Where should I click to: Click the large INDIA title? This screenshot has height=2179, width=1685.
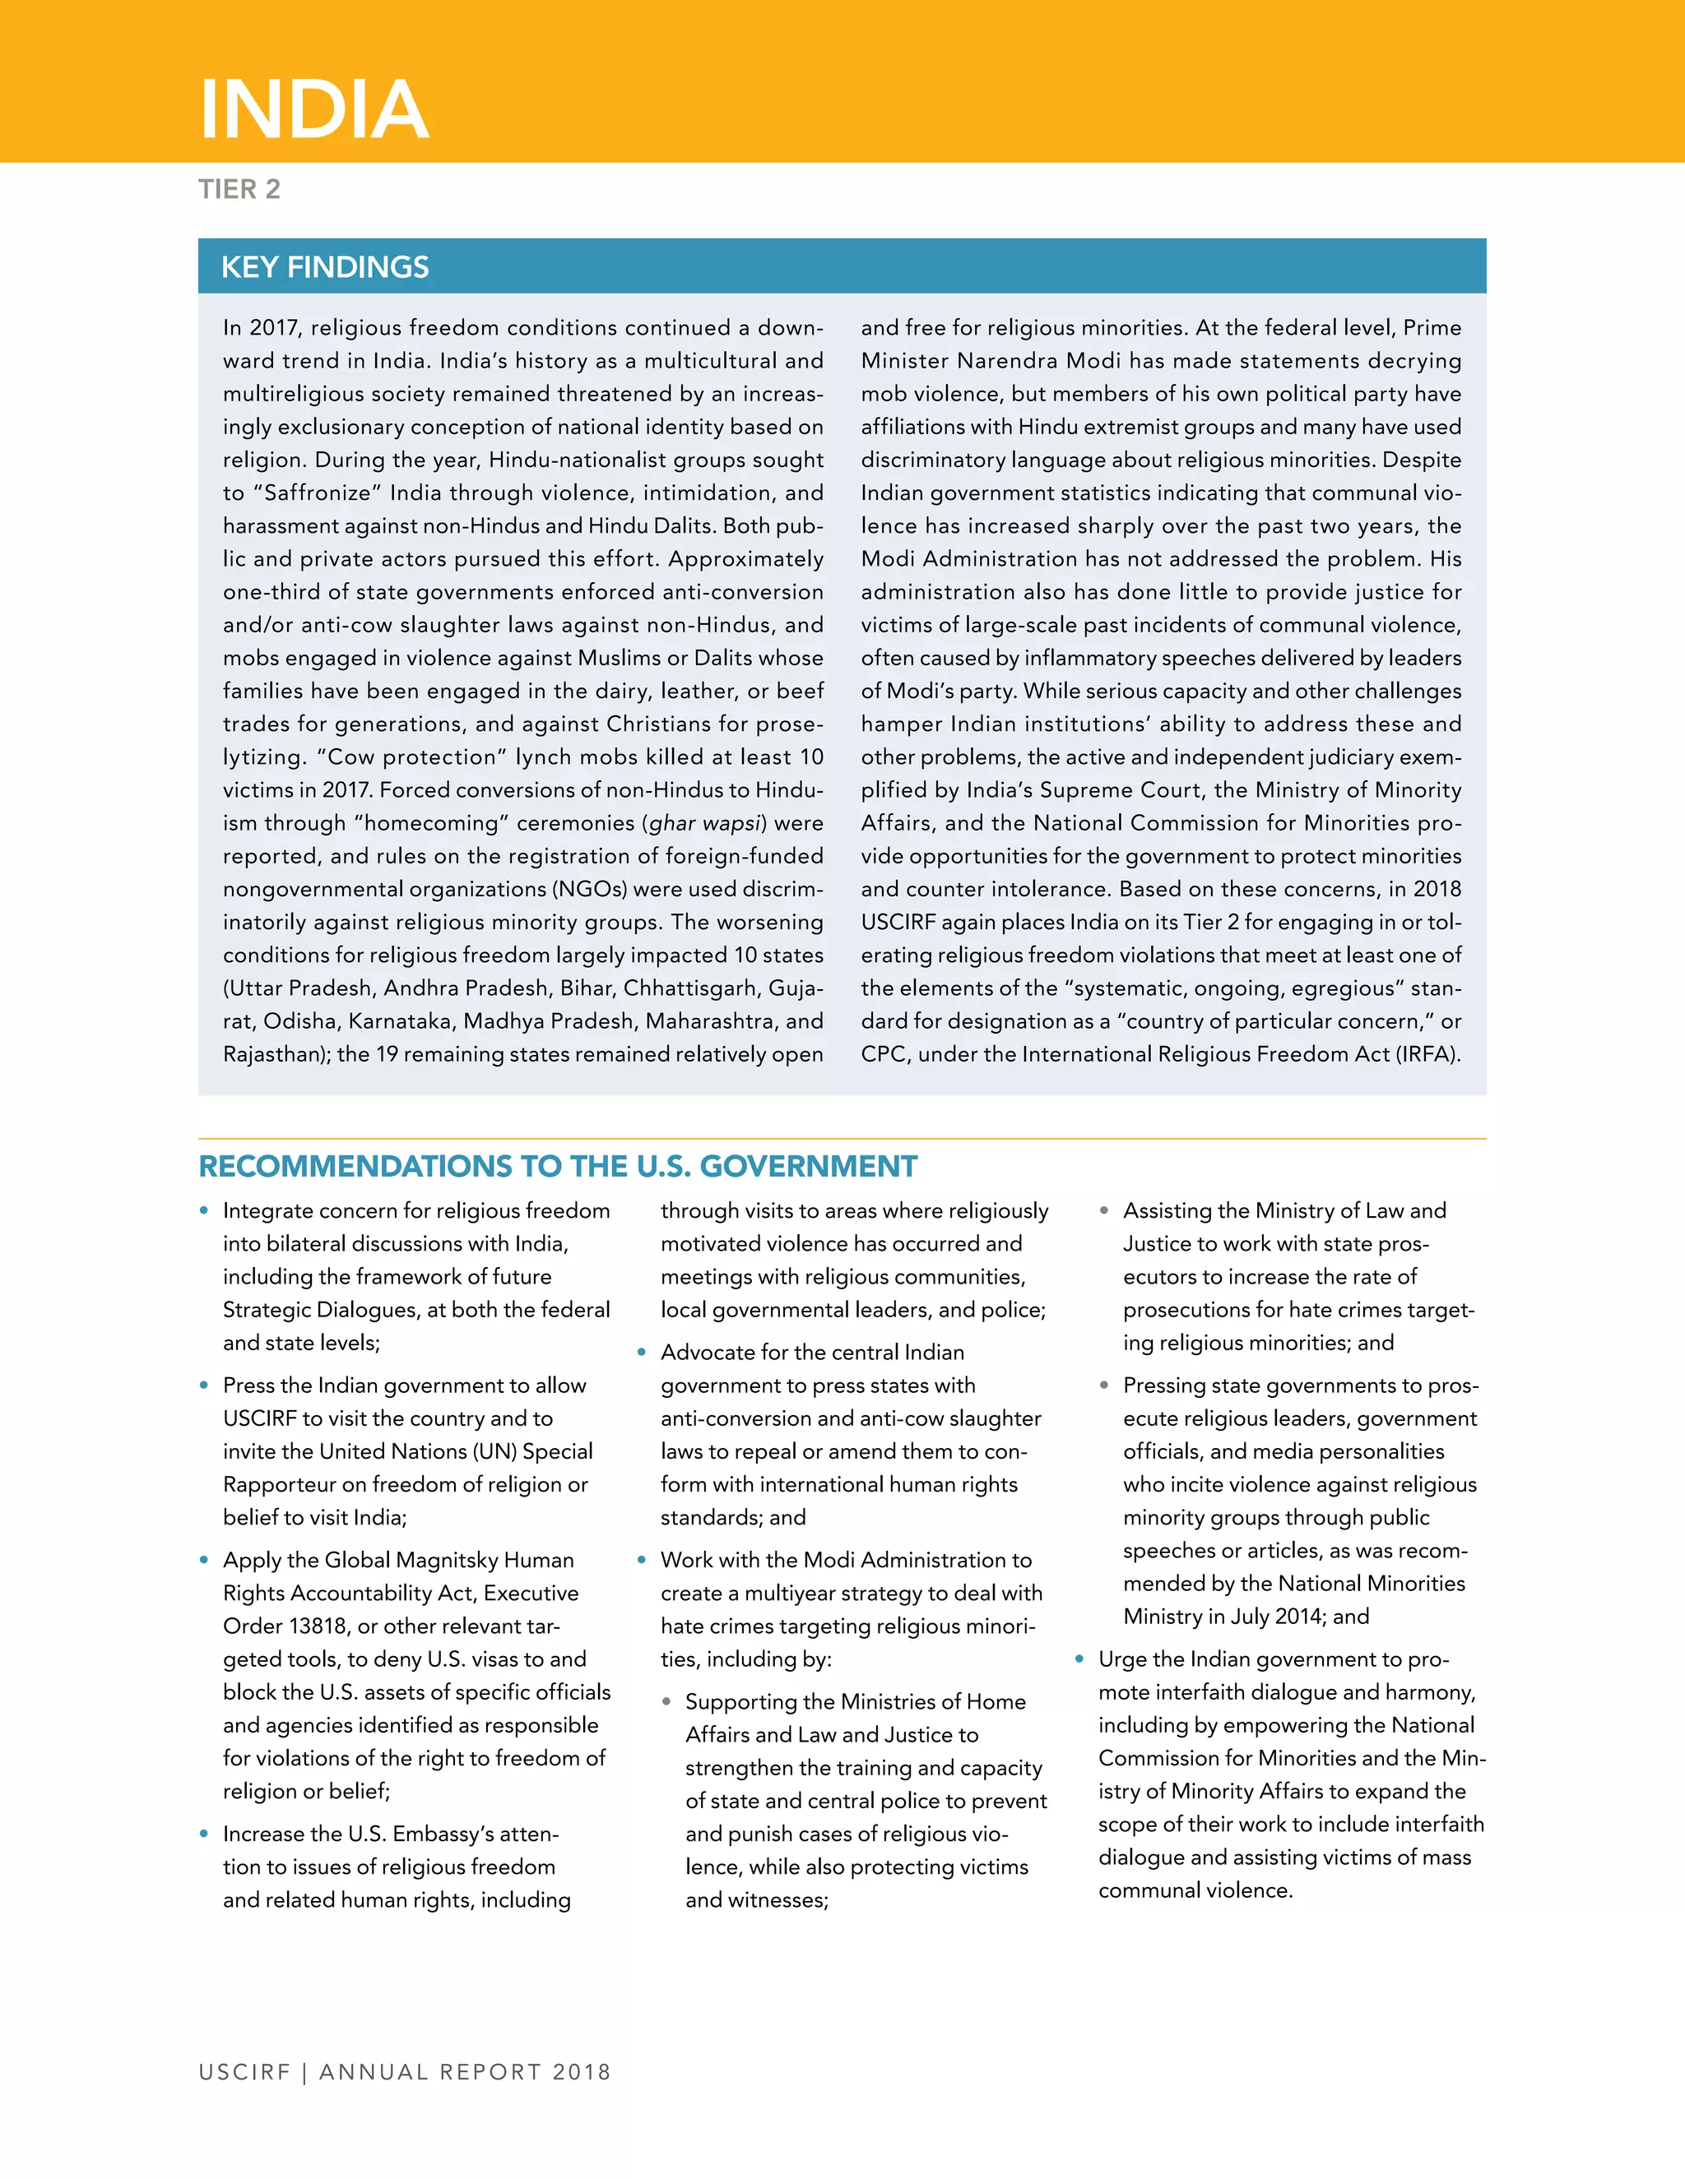tap(314, 109)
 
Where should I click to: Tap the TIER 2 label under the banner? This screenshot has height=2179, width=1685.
tap(239, 190)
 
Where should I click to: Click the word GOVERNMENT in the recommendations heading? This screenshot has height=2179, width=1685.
tap(808, 1166)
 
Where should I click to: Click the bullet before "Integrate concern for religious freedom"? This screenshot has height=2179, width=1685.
tap(205, 1211)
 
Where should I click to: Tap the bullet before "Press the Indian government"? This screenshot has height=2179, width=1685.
tap(205, 1386)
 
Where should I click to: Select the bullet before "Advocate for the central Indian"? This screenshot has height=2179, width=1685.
tap(642, 1353)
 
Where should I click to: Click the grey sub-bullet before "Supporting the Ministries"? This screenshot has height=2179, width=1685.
tap(666, 1702)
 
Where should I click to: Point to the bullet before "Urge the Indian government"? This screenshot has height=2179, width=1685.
tap(1079, 1659)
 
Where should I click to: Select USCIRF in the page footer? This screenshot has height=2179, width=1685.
tap(244, 2072)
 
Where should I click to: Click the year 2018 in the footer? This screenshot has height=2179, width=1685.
tap(581, 2072)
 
